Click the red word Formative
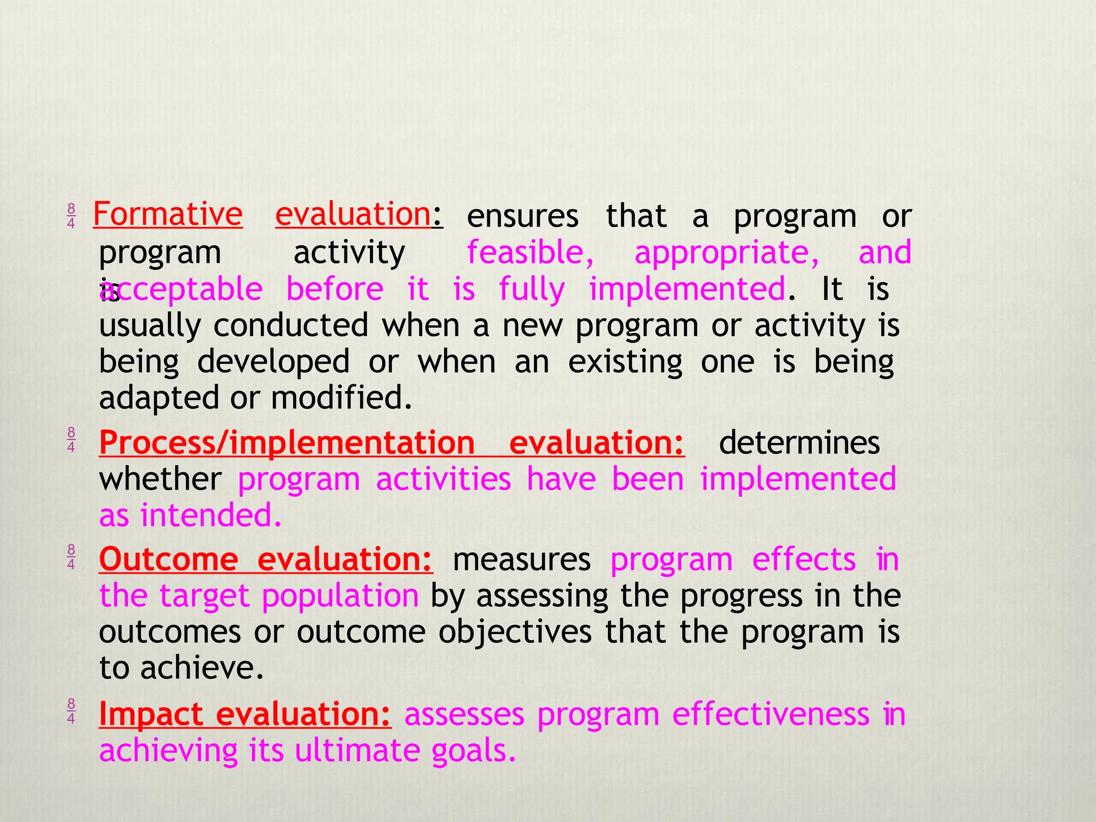coord(168,214)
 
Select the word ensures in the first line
coord(522,216)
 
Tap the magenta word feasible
coord(530,252)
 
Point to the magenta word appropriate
coord(726,253)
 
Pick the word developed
coord(273,362)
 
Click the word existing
coord(625,362)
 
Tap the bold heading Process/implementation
coord(287,444)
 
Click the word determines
coord(799,443)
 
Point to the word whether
coord(160,479)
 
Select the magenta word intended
coord(211,515)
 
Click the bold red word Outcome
coord(169,559)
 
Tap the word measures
coord(522,560)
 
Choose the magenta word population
coord(340,596)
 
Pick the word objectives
coord(515,632)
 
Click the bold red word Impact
coord(151,714)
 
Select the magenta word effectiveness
coord(771,714)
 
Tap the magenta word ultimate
coord(357,750)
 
